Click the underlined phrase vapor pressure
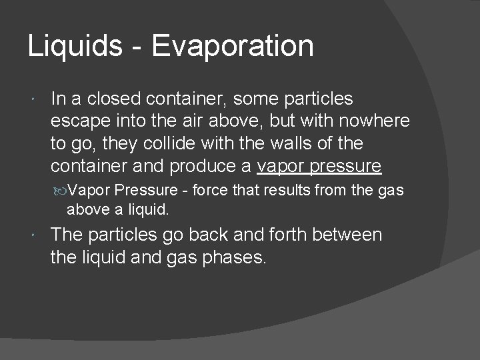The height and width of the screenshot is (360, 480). coord(319,165)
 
